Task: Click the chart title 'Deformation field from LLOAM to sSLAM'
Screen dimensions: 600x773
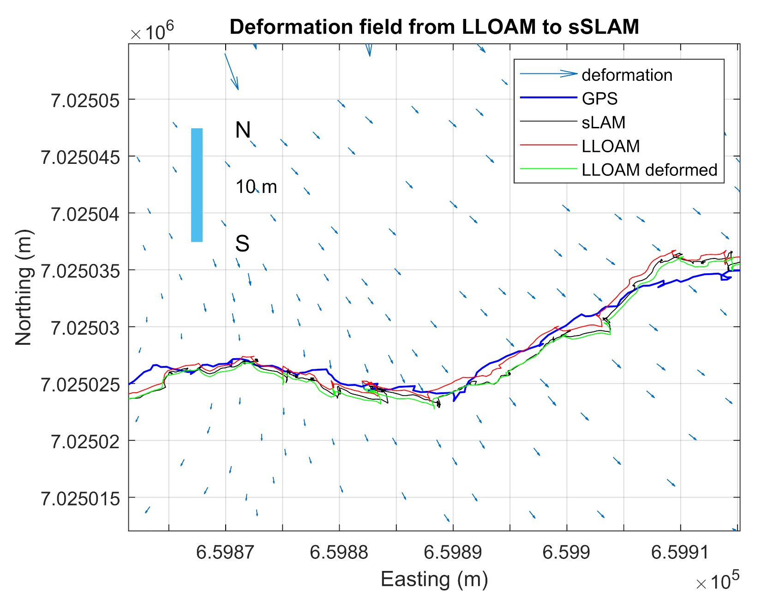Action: coord(434,27)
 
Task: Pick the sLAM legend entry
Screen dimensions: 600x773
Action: coord(603,122)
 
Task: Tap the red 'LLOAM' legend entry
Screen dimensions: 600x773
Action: coord(610,146)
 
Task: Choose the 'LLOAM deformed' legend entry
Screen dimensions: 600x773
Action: coord(649,170)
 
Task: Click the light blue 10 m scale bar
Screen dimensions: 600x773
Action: coord(197,185)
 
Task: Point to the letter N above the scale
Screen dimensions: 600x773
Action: coord(243,130)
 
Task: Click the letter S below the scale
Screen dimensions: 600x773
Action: coord(242,244)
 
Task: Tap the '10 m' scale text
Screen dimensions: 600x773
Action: coord(256,187)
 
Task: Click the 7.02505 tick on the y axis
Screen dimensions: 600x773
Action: coord(85,100)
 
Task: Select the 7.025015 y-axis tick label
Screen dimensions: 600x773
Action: coord(80,498)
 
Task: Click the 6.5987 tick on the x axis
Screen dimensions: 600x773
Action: coord(225,552)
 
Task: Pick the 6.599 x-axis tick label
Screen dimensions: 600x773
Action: coord(566,552)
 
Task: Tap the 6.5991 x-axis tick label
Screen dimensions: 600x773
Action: coord(680,552)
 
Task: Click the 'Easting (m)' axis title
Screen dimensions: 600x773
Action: coord(434,579)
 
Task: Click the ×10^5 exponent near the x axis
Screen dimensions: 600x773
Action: coord(717,582)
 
